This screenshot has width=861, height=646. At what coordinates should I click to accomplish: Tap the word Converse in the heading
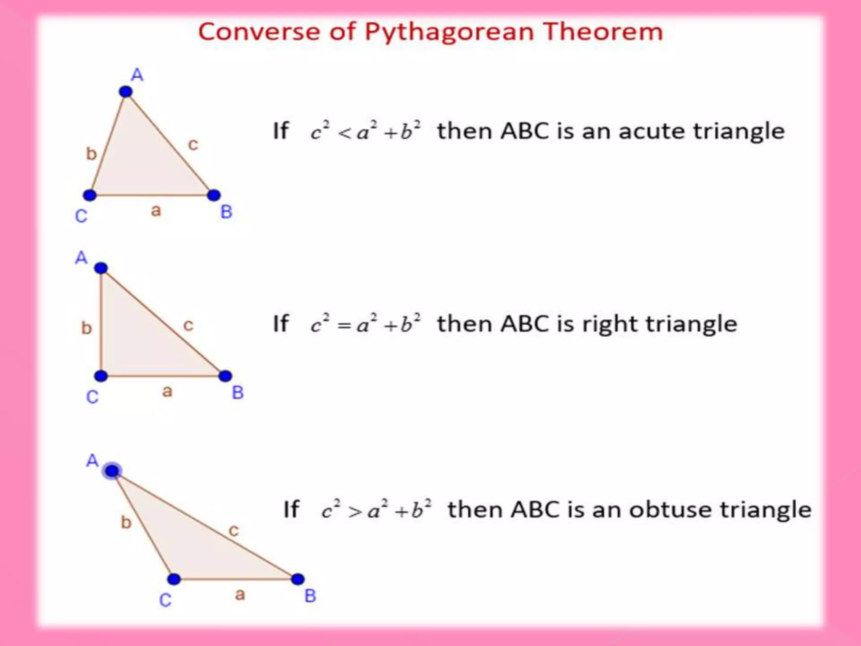[259, 32]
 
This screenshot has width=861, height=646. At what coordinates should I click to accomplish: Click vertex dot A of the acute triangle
[126, 92]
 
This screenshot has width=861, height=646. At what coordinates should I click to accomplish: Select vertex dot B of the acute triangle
[214, 195]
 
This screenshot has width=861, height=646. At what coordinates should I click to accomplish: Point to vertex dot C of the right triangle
[101, 376]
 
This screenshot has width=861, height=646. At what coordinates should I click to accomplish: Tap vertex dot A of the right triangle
[101, 268]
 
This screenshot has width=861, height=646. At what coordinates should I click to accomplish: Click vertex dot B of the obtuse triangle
[298, 579]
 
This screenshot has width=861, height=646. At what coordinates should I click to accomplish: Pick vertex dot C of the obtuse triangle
[174, 579]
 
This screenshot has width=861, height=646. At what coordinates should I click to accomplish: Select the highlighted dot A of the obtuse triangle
[112, 471]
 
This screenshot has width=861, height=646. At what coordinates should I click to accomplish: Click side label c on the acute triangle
[193, 145]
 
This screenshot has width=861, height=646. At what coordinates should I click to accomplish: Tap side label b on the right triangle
[86, 328]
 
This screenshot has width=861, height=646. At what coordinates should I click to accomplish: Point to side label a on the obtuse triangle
[240, 595]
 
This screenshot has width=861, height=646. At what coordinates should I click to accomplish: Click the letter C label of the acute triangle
[81, 216]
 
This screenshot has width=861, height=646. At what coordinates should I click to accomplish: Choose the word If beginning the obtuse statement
[291, 510]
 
